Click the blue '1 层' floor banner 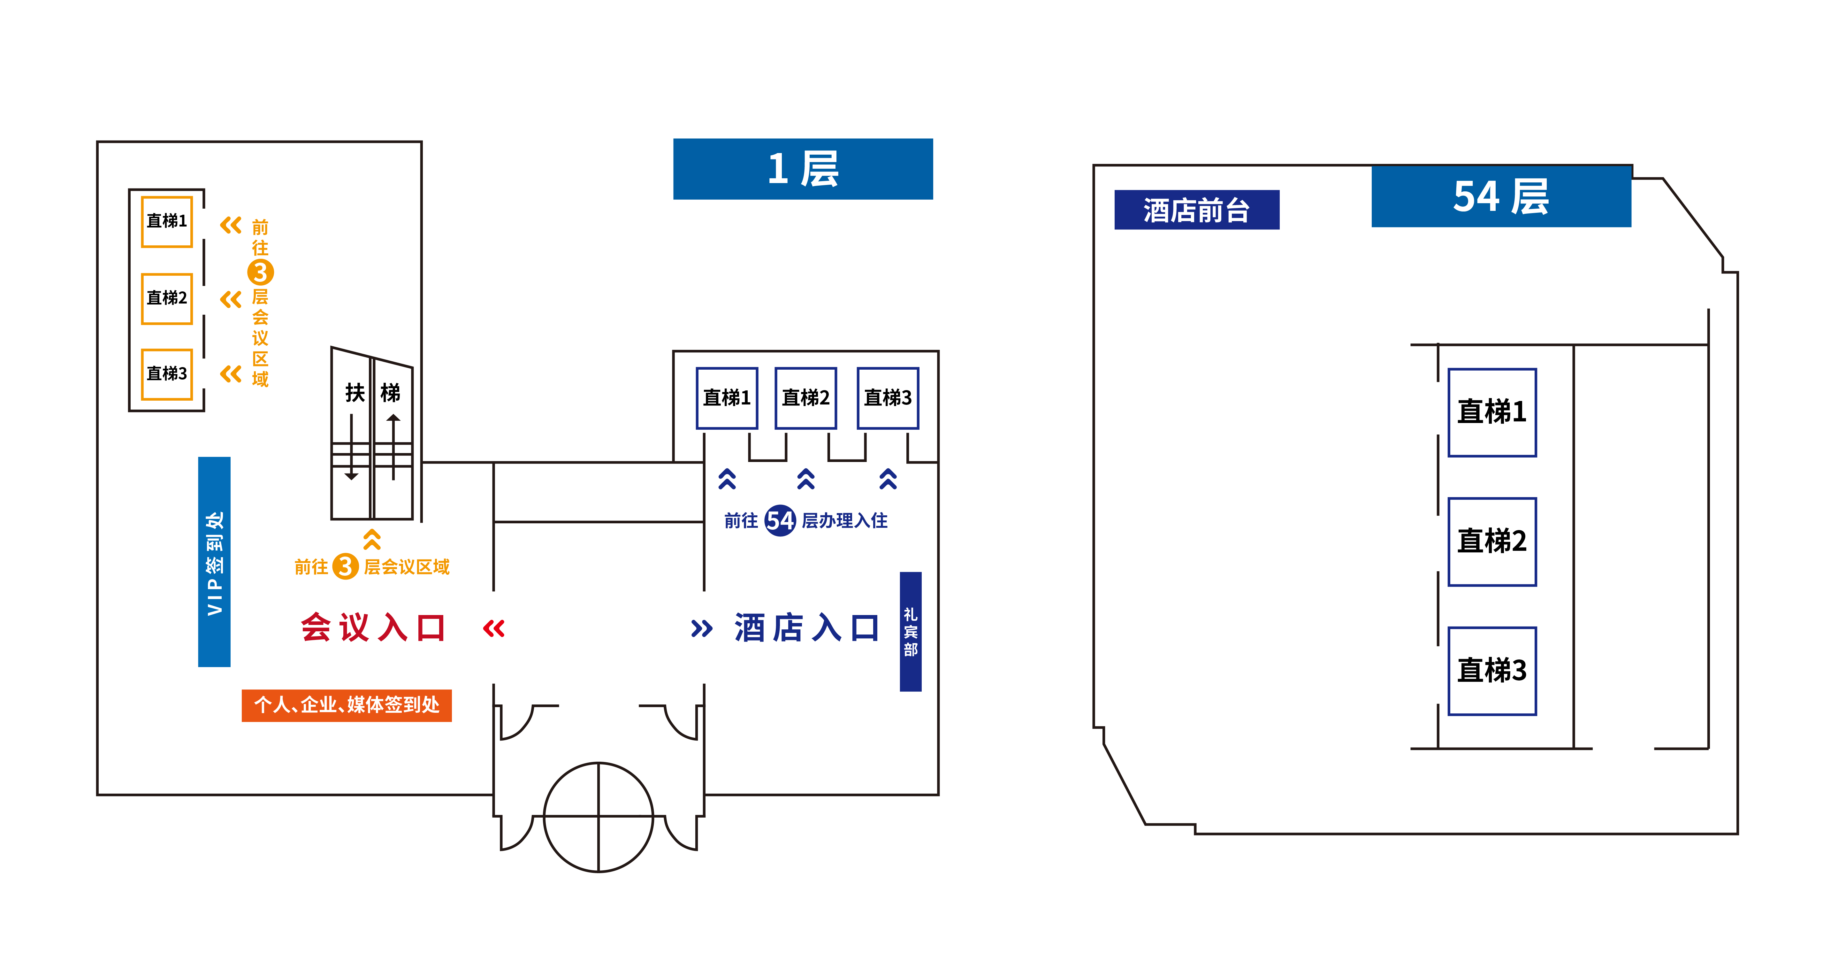point(803,169)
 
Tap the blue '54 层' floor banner point(1500,196)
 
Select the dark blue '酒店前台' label point(1196,210)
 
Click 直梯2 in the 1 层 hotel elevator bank point(805,398)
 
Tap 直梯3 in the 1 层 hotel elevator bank point(888,398)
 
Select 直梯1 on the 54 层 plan point(1492,412)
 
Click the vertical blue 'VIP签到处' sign point(214,562)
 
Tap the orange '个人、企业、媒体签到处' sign point(347,705)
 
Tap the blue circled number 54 point(780,520)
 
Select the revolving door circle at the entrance point(599,817)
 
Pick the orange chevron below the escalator point(372,539)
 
